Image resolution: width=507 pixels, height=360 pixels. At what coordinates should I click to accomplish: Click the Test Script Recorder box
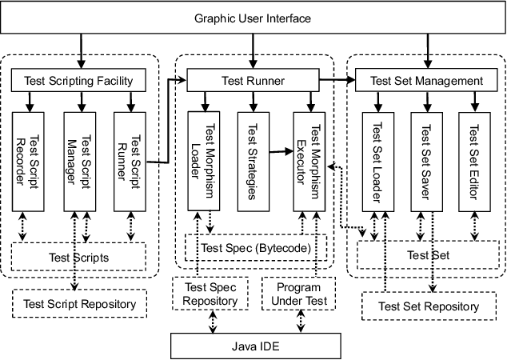point(30,161)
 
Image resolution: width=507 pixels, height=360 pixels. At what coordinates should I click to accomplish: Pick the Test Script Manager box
point(82,161)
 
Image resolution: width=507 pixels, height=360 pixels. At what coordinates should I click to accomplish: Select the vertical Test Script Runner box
point(133,161)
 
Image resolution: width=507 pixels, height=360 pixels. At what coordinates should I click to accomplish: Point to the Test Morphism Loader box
point(206,161)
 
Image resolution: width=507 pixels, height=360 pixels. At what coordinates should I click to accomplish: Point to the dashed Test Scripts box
point(78,257)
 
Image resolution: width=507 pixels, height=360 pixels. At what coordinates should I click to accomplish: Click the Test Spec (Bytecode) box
point(256,248)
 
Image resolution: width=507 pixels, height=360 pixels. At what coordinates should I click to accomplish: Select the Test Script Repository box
point(80,303)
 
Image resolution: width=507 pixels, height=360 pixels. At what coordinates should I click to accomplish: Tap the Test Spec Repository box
point(211,294)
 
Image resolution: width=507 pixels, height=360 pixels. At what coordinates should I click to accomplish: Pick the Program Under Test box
point(298,294)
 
